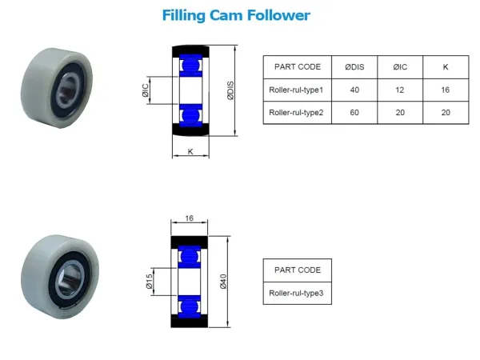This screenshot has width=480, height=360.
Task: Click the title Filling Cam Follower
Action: [236, 16]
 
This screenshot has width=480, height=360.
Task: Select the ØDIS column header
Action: [354, 67]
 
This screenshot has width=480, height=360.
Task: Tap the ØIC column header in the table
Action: [400, 67]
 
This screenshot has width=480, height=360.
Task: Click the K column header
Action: [446, 67]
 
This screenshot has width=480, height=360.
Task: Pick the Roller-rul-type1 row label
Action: [296, 90]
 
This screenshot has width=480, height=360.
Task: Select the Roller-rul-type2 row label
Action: [296, 113]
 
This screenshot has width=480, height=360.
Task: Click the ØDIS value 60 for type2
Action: [354, 113]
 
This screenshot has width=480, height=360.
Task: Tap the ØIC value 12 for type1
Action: [400, 90]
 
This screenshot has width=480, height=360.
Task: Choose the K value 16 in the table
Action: [446, 90]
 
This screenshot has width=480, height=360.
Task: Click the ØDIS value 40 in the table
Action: [354, 90]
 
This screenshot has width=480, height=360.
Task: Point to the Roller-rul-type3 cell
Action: [296, 294]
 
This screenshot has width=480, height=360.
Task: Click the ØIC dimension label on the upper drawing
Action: [146, 90]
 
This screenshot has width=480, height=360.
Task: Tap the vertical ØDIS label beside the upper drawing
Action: [230, 90]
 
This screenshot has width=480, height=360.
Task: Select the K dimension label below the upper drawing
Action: [190, 151]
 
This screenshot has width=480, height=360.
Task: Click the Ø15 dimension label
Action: [149, 282]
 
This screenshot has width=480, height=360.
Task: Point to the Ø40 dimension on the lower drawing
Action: [223, 282]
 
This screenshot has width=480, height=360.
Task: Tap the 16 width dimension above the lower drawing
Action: [189, 218]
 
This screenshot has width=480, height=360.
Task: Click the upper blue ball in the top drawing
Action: [190, 66]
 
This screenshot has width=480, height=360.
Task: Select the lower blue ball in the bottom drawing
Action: [190, 306]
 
